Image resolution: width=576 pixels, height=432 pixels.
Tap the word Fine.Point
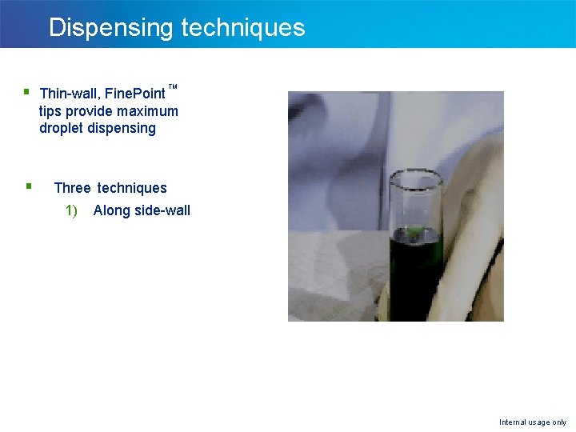(x=135, y=94)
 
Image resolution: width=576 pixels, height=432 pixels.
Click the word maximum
(x=148, y=111)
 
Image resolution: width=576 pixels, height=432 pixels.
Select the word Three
(x=72, y=188)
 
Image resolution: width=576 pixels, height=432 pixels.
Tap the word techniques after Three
(x=132, y=188)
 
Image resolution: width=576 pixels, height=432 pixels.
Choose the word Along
(x=111, y=211)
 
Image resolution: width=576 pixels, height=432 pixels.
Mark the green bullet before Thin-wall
(x=27, y=92)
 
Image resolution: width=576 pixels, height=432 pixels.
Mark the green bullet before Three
(x=28, y=186)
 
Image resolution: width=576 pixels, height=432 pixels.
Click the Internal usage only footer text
(x=532, y=422)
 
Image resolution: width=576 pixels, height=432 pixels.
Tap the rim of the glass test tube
(x=416, y=175)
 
